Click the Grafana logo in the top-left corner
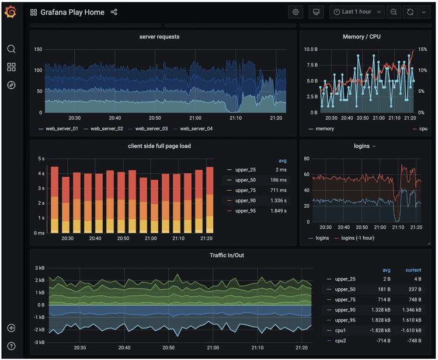tap(11, 12)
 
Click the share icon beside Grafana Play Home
tap(114, 12)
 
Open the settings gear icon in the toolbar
tap(296, 12)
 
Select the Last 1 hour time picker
tap(357, 12)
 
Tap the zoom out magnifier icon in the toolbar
tap(394, 12)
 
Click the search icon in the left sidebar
tap(11, 49)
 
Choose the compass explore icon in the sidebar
tap(11, 85)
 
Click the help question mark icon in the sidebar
tap(11, 346)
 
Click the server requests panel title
tap(159, 37)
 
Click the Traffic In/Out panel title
tap(230, 256)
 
